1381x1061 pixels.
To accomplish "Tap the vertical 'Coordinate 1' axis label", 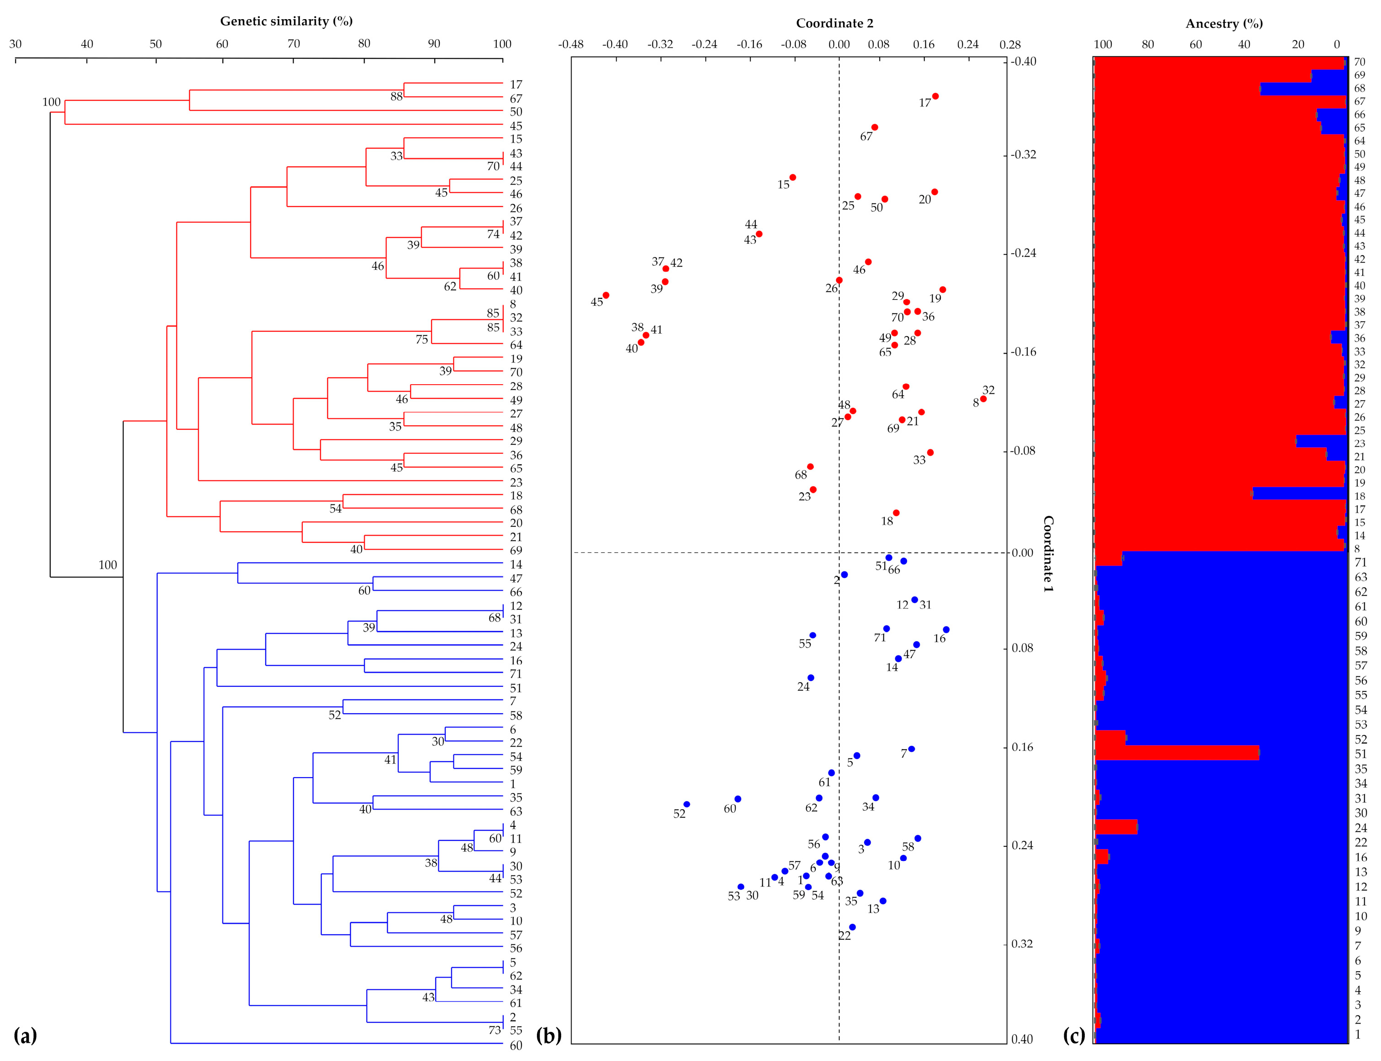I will click(x=1048, y=553).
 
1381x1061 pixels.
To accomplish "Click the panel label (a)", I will click(x=25, y=1036).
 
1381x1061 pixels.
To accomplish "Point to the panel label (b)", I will click(x=548, y=1036).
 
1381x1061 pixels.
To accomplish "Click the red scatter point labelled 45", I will click(x=606, y=295).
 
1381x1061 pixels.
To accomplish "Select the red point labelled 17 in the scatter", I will click(x=935, y=96).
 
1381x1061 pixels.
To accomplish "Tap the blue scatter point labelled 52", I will click(x=686, y=804).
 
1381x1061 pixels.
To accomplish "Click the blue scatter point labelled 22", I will click(x=852, y=927).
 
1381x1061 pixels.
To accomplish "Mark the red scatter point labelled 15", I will click(x=793, y=177).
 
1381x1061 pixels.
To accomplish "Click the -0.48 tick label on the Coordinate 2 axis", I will click(x=570, y=45).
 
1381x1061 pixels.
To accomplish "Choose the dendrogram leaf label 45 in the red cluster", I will click(x=516, y=126).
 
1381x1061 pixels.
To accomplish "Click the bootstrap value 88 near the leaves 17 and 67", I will click(x=396, y=97).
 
